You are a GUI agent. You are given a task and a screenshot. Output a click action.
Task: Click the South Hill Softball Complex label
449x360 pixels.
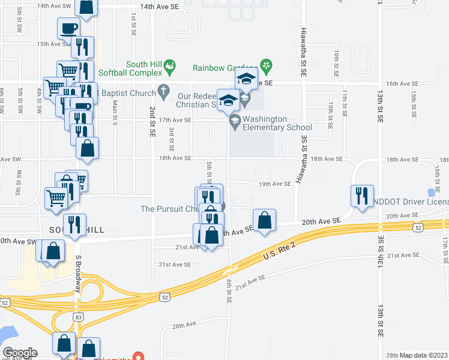tap(143, 68)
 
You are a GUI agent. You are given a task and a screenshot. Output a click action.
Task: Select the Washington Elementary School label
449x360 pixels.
tap(277, 123)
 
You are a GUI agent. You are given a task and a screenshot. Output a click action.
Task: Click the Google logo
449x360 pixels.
tap(20, 353)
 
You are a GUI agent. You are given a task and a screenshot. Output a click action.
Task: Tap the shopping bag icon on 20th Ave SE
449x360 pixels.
tap(264, 220)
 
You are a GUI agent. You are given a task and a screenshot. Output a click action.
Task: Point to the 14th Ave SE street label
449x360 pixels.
tap(159, 7)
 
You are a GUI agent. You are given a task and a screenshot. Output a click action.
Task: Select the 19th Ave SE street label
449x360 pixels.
tap(274, 184)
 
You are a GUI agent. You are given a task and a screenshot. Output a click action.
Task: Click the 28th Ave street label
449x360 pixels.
tap(184, 325)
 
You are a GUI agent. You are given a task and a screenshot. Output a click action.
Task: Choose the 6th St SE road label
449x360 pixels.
tap(229, 290)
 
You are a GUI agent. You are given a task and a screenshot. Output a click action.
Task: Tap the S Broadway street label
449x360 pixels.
tap(78, 273)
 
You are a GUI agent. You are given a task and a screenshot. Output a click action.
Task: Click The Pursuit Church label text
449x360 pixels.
tap(169, 209)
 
